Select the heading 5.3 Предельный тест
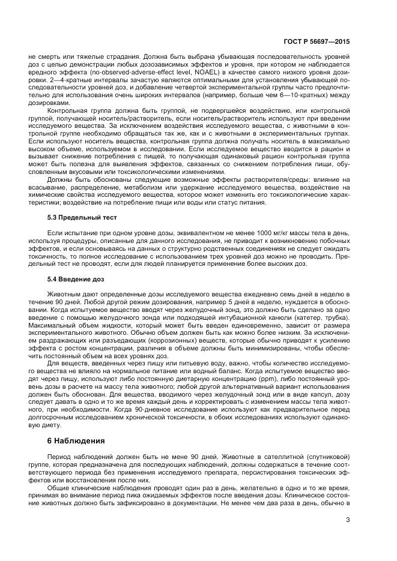(82, 217)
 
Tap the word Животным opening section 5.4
(64, 293)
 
